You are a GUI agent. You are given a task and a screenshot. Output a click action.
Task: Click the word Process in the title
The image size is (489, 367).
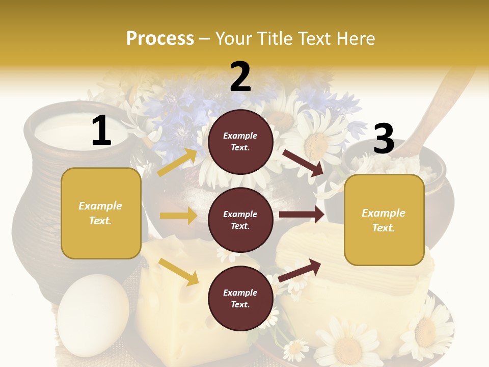(x=160, y=38)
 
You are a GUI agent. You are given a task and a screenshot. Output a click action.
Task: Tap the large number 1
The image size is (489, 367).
(x=101, y=131)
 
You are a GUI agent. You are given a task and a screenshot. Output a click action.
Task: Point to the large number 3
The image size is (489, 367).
(x=384, y=139)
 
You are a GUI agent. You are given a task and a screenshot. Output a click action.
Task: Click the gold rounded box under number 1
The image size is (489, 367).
(x=101, y=213)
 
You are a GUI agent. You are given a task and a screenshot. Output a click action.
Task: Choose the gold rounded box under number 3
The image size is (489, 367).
(x=384, y=220)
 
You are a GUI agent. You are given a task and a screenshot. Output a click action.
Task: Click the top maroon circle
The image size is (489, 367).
(x=240, y=141)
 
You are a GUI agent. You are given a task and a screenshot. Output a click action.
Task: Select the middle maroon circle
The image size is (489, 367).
(x=240, y=220)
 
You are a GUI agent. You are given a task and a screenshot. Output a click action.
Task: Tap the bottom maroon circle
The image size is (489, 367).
(x=240, y=298)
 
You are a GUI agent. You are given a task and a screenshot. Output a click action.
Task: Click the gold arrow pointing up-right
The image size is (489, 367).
(x=177, y=162)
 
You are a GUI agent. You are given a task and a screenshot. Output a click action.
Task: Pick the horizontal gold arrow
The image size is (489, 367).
(x=178, y=216)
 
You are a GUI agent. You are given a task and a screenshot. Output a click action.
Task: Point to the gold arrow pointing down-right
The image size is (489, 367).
(x=179, y=272)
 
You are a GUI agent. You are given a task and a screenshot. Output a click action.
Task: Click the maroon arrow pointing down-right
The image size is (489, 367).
(x=303, y=163)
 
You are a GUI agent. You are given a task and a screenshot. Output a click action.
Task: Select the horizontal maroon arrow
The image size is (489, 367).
(x=302, y=215)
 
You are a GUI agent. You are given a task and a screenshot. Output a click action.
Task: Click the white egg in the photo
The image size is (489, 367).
(x=93, y=311)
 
